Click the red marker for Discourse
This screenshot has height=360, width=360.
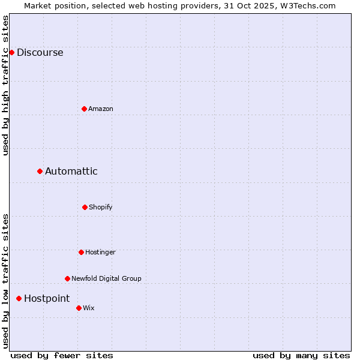click(11, 52)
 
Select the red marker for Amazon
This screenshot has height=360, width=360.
click(84, 109)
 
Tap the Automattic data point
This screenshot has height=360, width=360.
click(40, 171)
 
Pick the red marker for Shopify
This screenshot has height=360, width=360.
click(85, 207)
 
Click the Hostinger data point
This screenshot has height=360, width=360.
click(81, 252)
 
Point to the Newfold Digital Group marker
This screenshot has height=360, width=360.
click(67, 278)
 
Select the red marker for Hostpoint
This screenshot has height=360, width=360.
click(19, 298)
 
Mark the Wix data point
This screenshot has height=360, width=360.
click(79, 308)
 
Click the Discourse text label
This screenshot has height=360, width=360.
click(40, 52)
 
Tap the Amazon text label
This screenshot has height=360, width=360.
click(101, 109)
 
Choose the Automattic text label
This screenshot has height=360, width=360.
click(71, 171)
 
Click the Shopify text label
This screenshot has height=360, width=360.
click(101, 207)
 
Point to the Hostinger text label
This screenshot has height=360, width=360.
click(100, 252)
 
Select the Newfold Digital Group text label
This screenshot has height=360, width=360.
click(106, 278)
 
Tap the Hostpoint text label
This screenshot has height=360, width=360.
click(47, 298)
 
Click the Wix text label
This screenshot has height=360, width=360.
click(89, 308)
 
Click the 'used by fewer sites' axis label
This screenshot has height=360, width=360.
click(62, 355)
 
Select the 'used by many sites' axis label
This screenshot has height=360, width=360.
click(301, 355)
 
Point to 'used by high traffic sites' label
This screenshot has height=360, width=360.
click(6, 85)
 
